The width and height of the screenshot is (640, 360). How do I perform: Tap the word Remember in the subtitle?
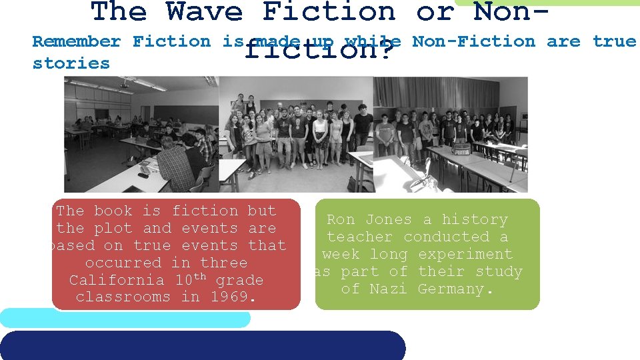76,41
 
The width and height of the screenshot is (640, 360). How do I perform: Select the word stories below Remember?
71,63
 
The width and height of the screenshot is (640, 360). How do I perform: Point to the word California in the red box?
117,280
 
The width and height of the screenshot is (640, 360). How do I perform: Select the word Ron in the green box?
341,220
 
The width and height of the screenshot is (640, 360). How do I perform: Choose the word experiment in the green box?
465,255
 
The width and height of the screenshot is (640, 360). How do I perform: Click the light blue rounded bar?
125,319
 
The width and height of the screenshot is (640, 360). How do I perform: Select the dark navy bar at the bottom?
203,345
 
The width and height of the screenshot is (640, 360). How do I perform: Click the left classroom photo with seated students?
141,134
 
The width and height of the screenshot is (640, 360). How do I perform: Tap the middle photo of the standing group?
295,134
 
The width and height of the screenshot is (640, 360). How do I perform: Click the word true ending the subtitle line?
614,41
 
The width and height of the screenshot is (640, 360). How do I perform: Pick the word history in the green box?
475,220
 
